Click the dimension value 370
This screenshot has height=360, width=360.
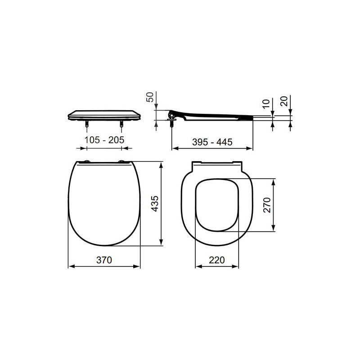tap(103, 260)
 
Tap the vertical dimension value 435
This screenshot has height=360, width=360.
tap(154, 204)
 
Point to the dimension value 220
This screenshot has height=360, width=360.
tap(216, 260)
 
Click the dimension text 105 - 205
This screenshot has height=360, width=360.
tap(104, 140)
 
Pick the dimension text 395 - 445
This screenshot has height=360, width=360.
tap(212, 142)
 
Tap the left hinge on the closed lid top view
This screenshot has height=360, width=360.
tap(86, 162)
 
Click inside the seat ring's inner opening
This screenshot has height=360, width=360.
tap(216, 205)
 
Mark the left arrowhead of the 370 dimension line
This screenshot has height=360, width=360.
tap(70, 267)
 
